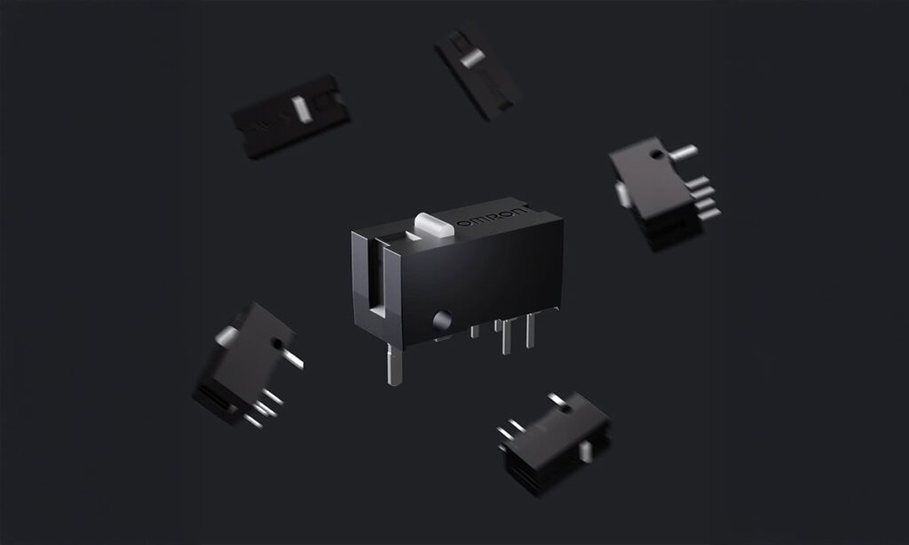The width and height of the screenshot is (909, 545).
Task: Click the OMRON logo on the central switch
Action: pyautogui.click(x=493, y=218)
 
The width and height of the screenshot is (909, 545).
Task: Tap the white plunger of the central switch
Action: pyautogui.click(x=433, y=225)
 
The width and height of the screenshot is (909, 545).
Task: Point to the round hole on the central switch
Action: pyautogui.click(x=442, y=320)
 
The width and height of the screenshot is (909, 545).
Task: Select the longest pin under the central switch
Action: pyautogui.click(x=394, y=364)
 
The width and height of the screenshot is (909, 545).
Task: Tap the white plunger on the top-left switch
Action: pyautogui.click(x=302, y=109)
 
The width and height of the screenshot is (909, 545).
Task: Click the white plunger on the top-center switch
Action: pyautogui.click(x=472, y=58)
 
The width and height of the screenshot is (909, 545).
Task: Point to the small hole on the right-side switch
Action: pyautogui.click(x=656, y=154)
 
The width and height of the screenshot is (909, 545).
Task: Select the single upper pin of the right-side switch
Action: pyautogui.click(x=683, y=153)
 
